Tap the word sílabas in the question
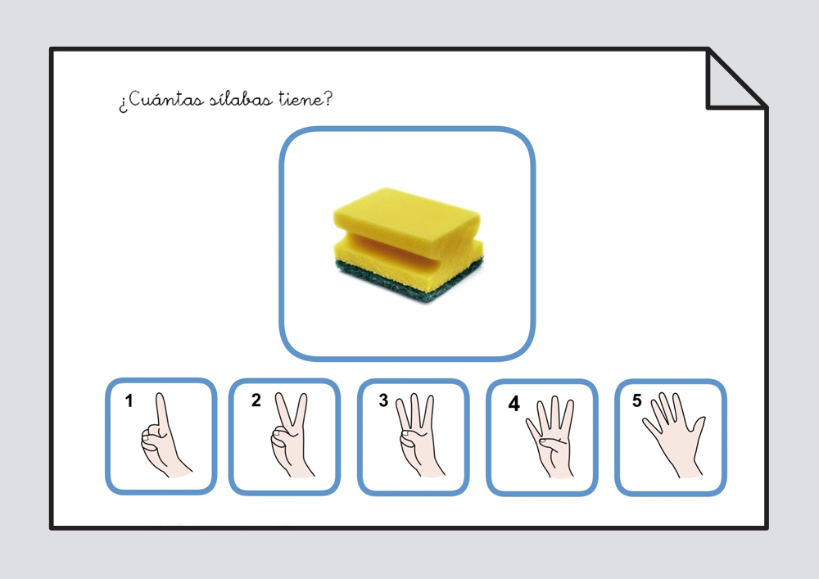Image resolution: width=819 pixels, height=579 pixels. pos(242,98)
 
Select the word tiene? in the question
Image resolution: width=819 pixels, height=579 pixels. pos(305,98)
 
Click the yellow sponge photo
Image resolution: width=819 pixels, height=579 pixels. pos(409,244)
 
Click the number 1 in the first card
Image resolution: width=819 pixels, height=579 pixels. pos(129,400)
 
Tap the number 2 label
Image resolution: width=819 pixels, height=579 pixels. pos(256,400)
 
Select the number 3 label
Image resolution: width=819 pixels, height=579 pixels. pos(383,400)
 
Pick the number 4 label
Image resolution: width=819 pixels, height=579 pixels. pos(514,403)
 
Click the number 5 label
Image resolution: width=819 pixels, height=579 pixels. pos(636,400)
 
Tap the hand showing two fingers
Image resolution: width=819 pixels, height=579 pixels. pos(291,435)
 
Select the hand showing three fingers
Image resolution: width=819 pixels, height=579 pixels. pos(419,436)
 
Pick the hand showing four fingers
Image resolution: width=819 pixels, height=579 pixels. pos(550,437)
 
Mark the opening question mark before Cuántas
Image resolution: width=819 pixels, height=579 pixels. pos(123,105)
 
